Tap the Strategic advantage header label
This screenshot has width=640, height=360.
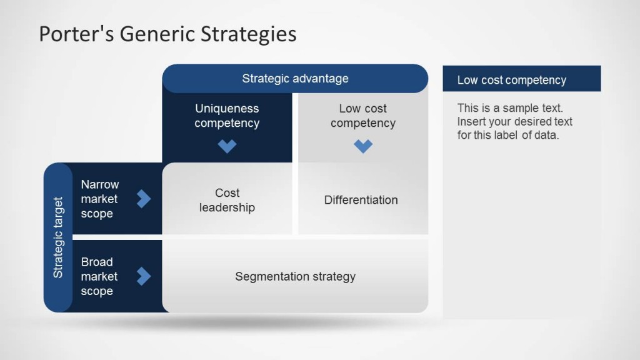click(295, 79)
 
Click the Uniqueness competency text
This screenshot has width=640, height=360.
click(226, 116)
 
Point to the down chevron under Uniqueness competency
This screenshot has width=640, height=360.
click(227, 146)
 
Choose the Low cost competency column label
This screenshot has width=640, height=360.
click(362, 116)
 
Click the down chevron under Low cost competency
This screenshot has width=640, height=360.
click(363, 146)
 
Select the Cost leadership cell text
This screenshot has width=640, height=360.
click(227, 200)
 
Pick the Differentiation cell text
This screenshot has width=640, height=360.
click(361, 200)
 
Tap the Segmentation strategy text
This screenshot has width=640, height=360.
click(295, 276)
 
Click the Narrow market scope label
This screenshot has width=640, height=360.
click(99, 199)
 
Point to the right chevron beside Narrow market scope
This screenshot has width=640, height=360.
click(144, 199)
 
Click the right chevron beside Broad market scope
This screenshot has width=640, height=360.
click(144, 276)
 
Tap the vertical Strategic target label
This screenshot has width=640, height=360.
click(58, 237)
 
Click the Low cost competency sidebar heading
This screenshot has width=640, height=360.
click(511, 80)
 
